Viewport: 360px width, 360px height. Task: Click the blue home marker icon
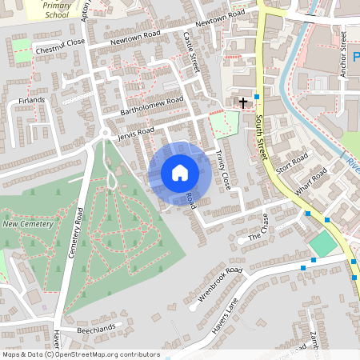tap(180, 173)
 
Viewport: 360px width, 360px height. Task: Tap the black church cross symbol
tap(242, 102)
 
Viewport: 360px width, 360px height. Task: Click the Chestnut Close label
tap(60, 48)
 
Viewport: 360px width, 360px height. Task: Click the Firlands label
tap(31, 101)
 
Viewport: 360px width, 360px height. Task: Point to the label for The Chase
tap(255, 233)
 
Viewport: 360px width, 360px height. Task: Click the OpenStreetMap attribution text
tap(80, 354)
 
